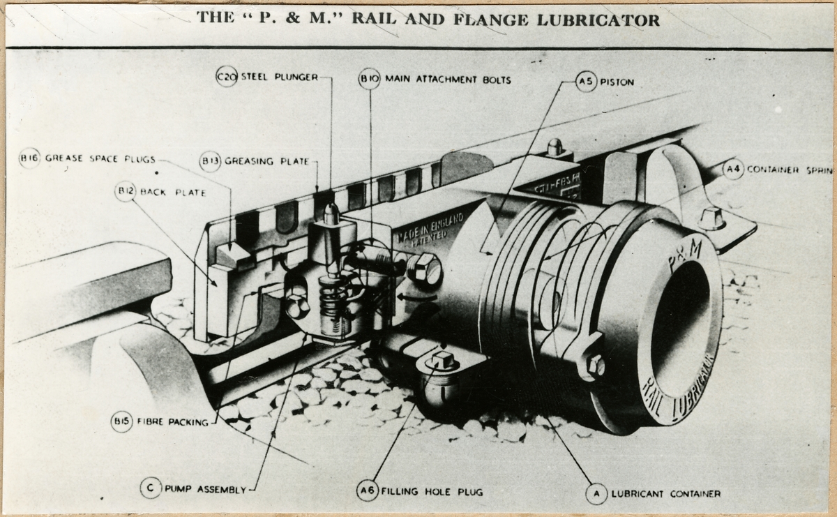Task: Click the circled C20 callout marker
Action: (227, 77)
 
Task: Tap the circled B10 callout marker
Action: (369, 80)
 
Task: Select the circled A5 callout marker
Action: (587, 82)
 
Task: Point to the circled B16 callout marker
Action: (29, 158)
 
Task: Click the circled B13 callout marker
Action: (209, 161)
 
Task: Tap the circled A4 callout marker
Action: (732, 169)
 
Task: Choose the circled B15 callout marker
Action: (121, 421)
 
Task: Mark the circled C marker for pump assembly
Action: (150, 488)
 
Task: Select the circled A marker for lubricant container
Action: (596, 494)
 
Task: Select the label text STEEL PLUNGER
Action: (279, 77)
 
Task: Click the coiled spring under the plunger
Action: (333, 304)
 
